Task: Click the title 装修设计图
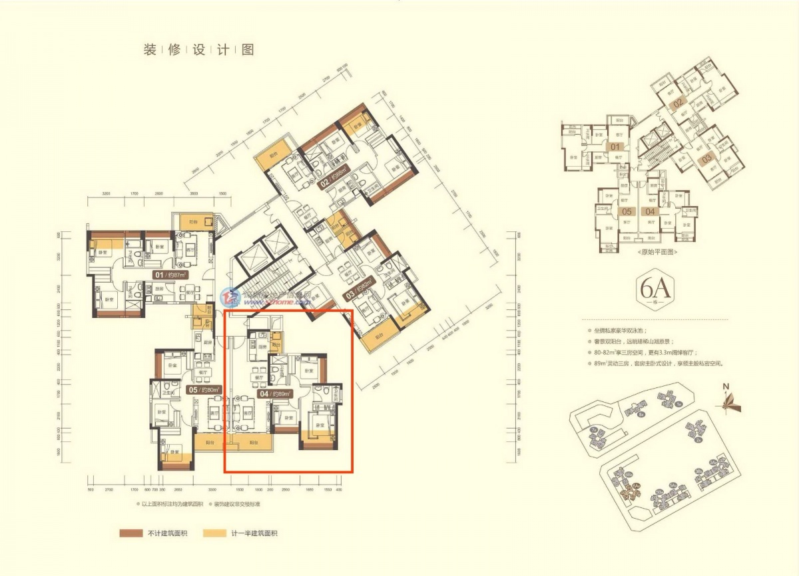point(198,50)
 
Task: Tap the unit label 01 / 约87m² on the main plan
point(170,275)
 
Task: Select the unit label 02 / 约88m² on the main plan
point(334,180)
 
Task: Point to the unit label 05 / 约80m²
point(204,390)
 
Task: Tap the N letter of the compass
point(728,386)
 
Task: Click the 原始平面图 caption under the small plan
point(656,253)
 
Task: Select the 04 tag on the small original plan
point(651,212)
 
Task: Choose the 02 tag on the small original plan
point(678,103)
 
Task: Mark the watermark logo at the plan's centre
point(232,296)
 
